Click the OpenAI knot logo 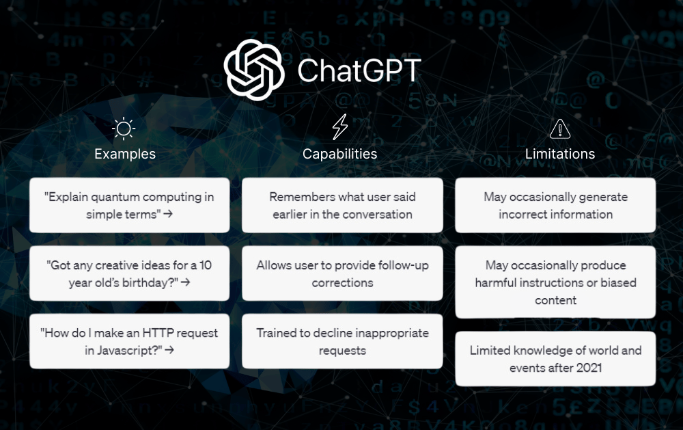coord(254,70)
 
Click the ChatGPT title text coord(359,70)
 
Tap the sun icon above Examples coord(124,129)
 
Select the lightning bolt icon coord(339,127)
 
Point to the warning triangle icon coord(560,129)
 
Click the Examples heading coord(125,154)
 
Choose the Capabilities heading coord(339,154)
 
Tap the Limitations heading coord(560,154)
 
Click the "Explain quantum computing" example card coord(129,205)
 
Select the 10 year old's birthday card coord(129,273)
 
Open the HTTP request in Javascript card coord(129,342)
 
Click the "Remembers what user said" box coord(342,205)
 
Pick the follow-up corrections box coord(342,273)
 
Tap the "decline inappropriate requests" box coord(342,342)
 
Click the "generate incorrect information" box coord(555,205)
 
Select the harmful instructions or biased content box coord(555,282)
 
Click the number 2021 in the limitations coord(589,368)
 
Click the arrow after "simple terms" coord(168,214)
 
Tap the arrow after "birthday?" coord(186,282)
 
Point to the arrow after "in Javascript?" coord(169,350)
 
